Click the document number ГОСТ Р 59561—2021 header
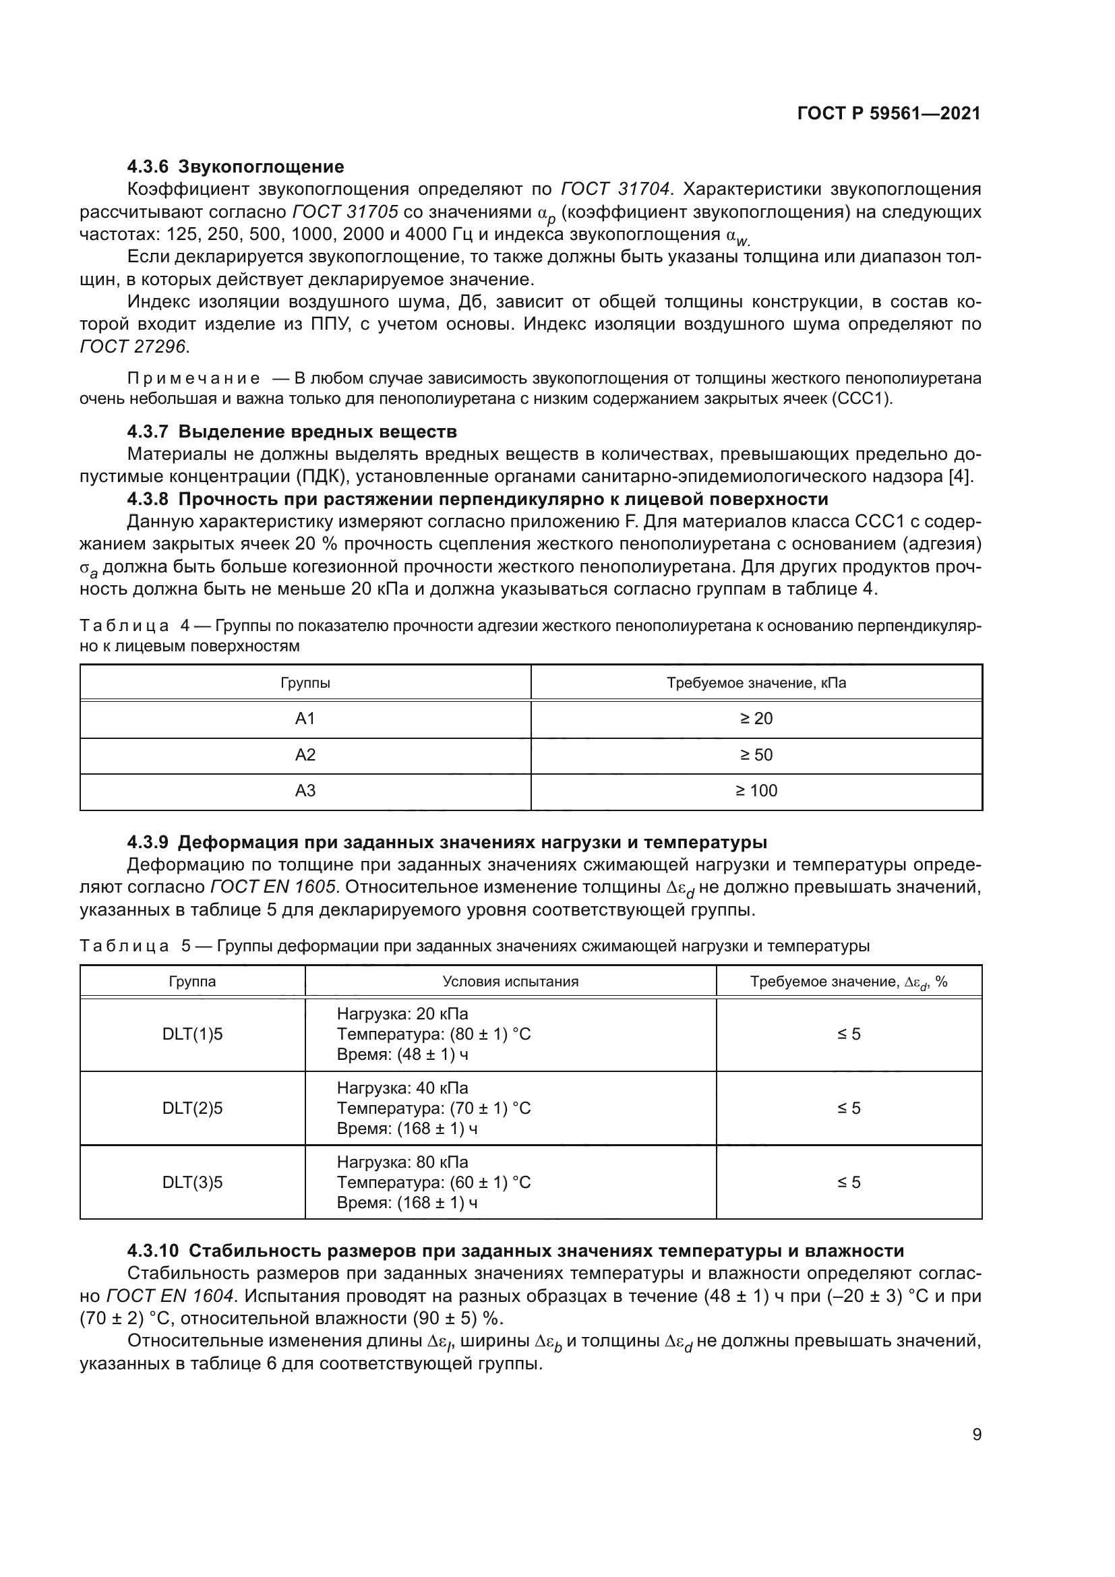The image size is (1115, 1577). tap(888, 114)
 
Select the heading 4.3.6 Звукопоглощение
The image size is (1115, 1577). tap(235, 167)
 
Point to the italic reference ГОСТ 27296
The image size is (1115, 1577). tap(133, 346)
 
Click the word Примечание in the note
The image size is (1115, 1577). tap(193, 378)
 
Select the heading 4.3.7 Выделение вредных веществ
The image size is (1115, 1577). tap(292, 432)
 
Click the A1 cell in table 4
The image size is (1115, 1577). tap(305, 719)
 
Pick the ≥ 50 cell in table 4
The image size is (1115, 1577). tap(756, 755)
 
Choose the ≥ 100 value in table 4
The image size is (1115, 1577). tap(756, 791)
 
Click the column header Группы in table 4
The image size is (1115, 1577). tap(305, 683)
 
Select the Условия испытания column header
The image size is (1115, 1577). tap(510, 982)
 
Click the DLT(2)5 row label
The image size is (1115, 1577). tap(192, 1108)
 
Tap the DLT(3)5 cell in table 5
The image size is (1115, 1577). tap(192, 1182)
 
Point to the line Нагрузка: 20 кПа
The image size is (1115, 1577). tap(402, 1014)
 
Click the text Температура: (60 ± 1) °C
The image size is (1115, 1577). tap(433, 1182)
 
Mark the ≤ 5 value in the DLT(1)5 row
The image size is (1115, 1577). tap(849, 1034)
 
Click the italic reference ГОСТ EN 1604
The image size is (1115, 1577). tap(172, 1296)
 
